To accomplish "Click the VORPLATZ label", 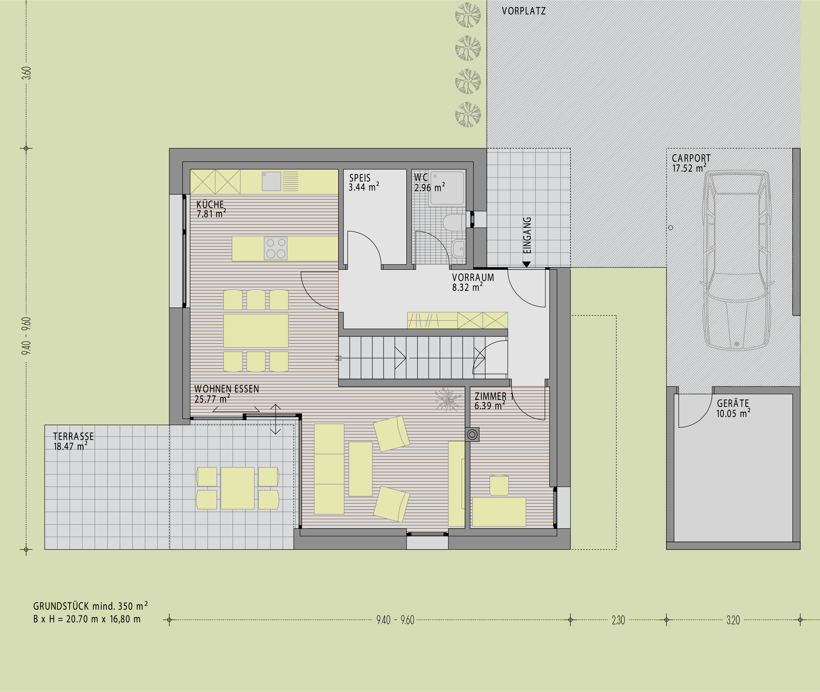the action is [x=524, y=11].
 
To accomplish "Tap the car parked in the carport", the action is [x=737, y=260].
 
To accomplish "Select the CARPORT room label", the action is [x=691, y=158].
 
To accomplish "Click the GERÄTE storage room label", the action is [x=733, y=403].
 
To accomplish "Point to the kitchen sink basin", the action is [x=271, y=181].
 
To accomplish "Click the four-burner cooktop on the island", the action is [x=275, y=248].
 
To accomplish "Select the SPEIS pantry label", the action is [x=360, y=178].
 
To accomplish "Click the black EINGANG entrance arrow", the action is [x=527, y=264].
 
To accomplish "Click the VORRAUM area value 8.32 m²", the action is [x=467, y=287].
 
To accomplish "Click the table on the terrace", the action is [x=237, y=488].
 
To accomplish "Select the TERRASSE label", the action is [x=73, y=436].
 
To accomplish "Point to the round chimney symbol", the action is [x=472, y=434].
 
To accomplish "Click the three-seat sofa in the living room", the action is [x=329, y=469].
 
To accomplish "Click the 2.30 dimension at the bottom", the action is [x=618, y=620].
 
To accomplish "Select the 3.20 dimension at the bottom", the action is [x=733, y=620].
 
